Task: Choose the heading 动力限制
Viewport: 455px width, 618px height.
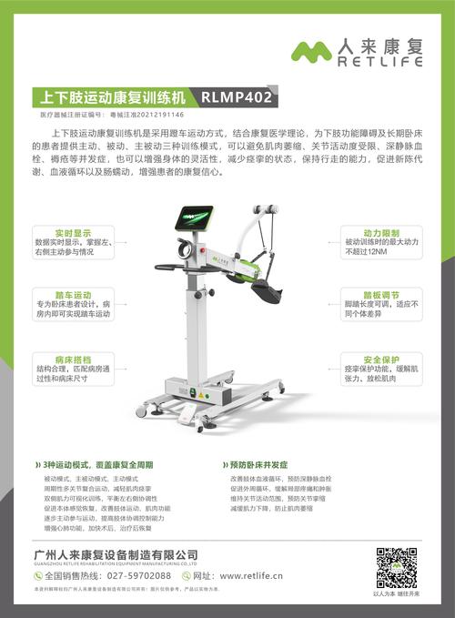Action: click(382, 232)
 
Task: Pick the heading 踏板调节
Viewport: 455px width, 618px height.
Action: click(382, 295)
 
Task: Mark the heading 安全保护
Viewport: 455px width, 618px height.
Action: click(382, 359)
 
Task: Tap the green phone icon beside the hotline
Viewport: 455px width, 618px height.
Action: click(37, 576)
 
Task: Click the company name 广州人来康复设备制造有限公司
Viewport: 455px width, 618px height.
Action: click(115, 554)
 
